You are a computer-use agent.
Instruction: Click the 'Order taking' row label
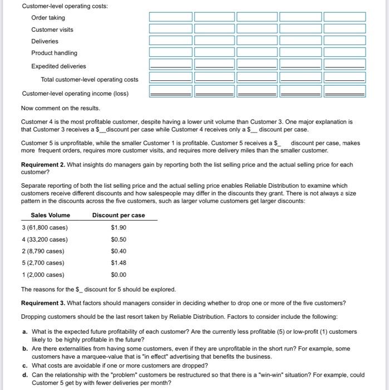48,18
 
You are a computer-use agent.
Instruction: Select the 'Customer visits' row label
52,30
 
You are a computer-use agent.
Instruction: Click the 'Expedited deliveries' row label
58,66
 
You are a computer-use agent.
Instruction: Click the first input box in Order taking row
170,17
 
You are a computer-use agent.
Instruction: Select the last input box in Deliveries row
344,41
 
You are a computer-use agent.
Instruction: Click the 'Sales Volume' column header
51,216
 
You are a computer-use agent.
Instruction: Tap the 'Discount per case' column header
119,216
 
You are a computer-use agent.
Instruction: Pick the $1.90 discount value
119,227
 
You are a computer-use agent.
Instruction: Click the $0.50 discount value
119,240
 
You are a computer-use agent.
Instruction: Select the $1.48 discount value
119,263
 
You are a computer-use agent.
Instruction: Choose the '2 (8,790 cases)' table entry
43,251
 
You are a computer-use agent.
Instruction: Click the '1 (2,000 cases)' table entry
43,275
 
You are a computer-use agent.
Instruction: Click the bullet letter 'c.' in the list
26,365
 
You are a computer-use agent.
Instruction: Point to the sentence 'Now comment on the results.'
61,108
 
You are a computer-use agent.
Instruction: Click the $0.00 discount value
119,275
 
